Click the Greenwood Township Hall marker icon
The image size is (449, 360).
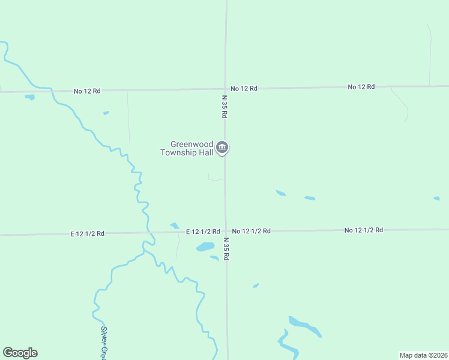pyautogui.click(x=222, y=147)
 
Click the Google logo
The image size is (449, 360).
pyautogui.click(x=20, y=353)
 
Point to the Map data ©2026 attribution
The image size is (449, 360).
pyautogui.click(x=423, y=355)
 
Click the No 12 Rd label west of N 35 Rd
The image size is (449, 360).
pyautogui.click(x=87, y=91)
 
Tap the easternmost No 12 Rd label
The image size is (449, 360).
pyautogui.click(x=361, y=87)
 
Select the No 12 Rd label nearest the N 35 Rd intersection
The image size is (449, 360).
pyautogui.click(x=244, y=89)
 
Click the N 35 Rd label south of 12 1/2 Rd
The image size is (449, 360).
pyautogui.click(x=226, y=248)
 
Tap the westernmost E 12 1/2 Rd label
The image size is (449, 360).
pyautogui.click(x=87, y=233)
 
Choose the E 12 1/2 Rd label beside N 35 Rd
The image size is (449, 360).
pyautogui.click(x=202, y=232)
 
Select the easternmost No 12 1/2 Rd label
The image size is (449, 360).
pyautogui.click(x=364, y=230)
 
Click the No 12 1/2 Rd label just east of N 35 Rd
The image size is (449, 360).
pyautogui.click(x=252, y=231)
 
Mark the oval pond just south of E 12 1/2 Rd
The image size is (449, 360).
pyautogui.click(x=205, y=247)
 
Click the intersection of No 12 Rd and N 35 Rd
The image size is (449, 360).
pyautogui.click(x=226, y=89)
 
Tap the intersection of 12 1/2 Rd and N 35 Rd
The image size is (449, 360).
pyautogui.click(x=226, y=231)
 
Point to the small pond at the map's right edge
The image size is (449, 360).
pyautogui.click(x=436, y=199)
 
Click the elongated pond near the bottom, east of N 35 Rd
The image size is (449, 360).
pyautogui.click(x=304, y=326)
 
